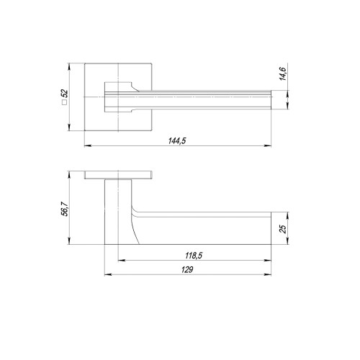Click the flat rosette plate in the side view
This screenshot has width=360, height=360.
click(x=118, y=176)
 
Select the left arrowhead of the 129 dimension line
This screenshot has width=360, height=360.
click(x=107, y=274)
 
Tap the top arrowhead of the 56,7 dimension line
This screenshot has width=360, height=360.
click(x=72, y=174)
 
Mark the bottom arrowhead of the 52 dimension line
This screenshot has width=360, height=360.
click(x=72, y=130)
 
